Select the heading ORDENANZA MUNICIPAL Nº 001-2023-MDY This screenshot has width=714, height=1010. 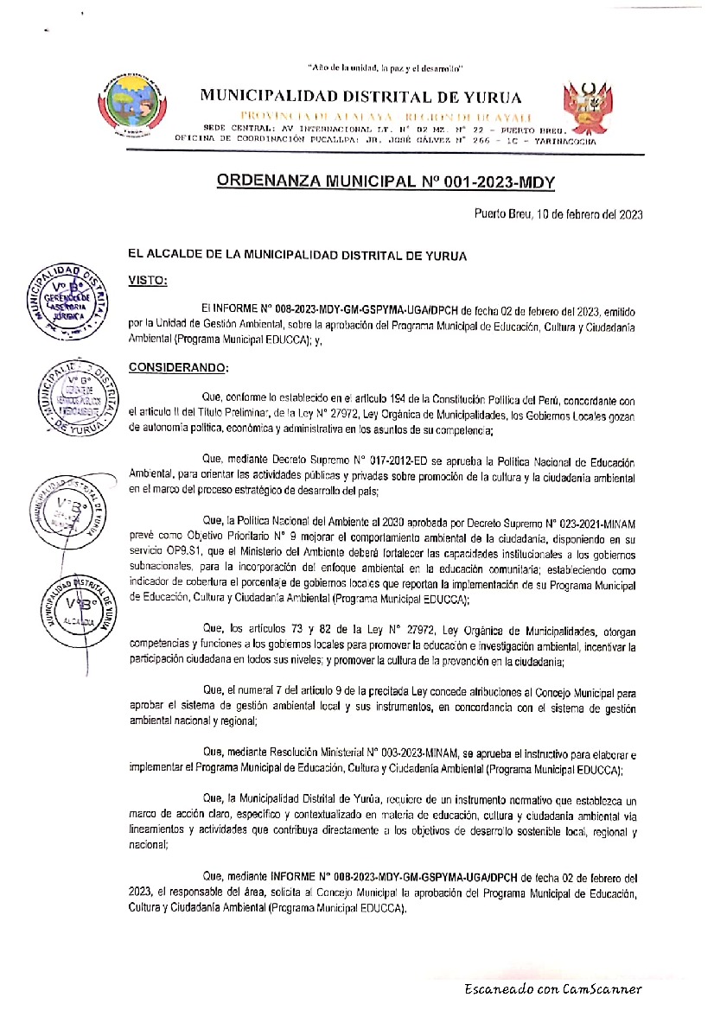pos(385,181)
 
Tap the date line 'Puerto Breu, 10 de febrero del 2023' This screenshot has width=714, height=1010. pos(558,213)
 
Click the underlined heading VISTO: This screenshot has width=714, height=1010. pos(148,281)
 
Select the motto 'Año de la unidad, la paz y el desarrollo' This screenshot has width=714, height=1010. pos(386,67)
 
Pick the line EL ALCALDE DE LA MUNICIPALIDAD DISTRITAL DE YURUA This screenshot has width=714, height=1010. pos(296,255)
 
